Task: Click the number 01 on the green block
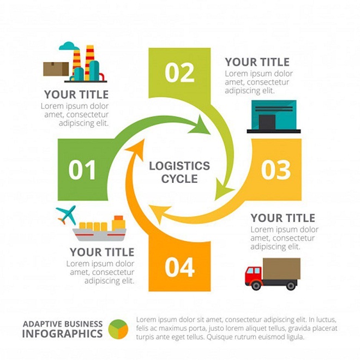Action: tap(82, 170)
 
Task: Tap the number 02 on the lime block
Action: tap(179, 73)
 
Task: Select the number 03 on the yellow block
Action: tap(276, 170)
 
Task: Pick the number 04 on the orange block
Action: tap(179, 267)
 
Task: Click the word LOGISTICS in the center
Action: tap(179, 166)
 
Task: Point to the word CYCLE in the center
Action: tap(179, 179)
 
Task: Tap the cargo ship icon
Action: tap(99, 228)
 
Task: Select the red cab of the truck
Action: tap(254, 274)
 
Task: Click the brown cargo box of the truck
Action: tap(281, 268)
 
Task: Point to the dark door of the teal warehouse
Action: tap(267, 122)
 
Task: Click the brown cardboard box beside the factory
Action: tap(56, 69)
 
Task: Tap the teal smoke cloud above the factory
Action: tap(69, 46)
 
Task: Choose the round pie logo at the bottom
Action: tap(118, 329)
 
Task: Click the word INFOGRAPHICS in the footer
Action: tap(62, 334)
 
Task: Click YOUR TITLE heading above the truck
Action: tap(283, 218)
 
